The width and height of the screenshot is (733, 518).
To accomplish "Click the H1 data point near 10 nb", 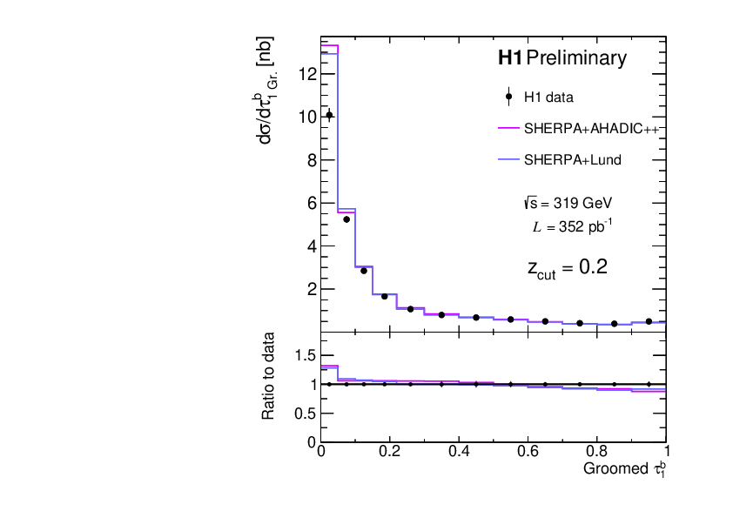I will click(329, 115).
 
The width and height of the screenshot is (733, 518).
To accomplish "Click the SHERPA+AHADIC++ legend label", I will click(589, 128).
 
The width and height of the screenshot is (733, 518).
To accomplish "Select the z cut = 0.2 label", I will click(567, 267).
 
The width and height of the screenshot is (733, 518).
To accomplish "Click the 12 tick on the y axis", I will click(306, 74).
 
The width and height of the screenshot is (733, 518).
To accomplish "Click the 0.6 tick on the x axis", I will click(528, 453).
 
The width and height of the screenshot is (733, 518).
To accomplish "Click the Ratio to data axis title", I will click(270, 376).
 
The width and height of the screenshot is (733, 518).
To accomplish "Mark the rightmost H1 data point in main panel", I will click(649, 321).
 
